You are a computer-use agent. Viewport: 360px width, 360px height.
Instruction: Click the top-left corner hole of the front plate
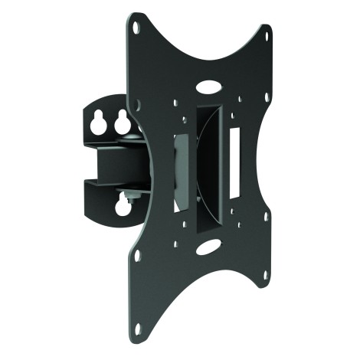(137, 26)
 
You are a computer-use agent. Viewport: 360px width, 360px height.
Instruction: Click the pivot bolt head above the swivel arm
(131, 136)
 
